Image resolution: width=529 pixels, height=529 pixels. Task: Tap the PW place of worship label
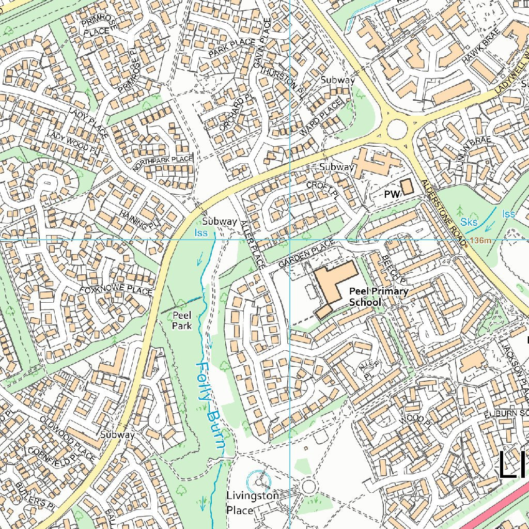(392, 194)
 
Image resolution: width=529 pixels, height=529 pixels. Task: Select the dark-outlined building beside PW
(408, 187)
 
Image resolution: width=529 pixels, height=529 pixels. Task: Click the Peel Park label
(182, 320)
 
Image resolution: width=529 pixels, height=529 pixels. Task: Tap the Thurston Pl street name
(281, 79)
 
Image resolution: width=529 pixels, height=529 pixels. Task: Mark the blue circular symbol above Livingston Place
(259, 481)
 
